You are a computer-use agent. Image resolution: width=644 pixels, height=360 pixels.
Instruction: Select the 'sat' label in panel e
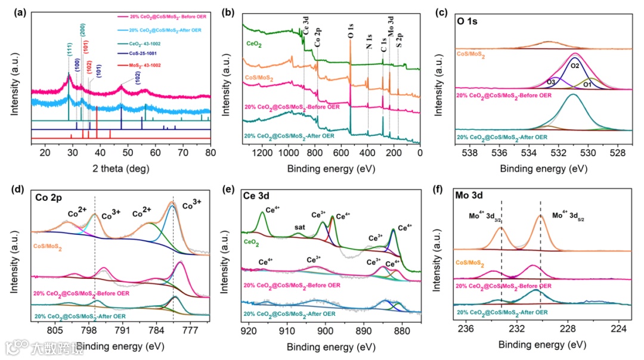click(x=300, y=227)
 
